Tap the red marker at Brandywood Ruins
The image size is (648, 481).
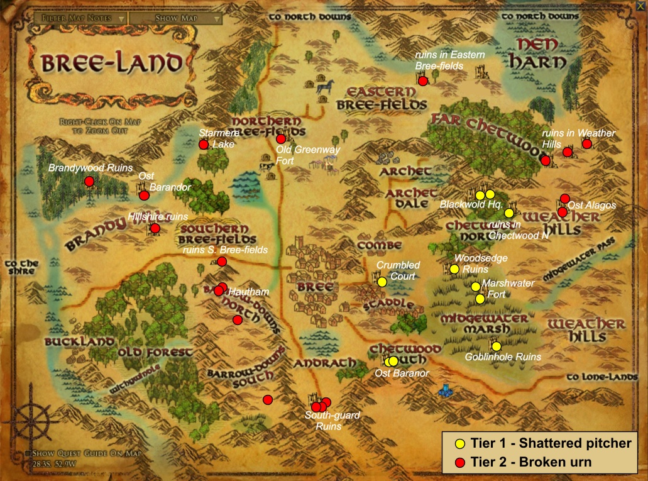point(89,182)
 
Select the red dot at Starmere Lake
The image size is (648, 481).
point(204,145)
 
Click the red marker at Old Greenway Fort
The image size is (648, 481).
point(280,139)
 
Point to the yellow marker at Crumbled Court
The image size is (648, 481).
point(382,282)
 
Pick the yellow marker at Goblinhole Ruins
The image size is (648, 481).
point(496,346)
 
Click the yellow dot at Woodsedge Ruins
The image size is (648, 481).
point(454,269)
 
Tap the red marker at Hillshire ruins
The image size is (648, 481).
point(155,228)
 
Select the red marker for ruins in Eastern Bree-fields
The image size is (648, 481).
point(423,81)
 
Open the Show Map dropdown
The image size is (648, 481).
point(176,18)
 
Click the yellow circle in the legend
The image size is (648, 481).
point(459,444)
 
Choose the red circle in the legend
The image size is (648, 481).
point(459,463)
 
